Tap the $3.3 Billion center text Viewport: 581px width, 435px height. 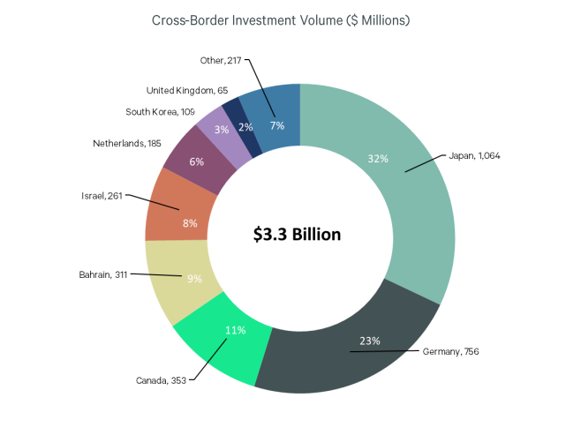(297, 235)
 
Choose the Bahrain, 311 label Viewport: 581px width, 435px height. (103, 274)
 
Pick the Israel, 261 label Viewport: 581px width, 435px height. (101, 196)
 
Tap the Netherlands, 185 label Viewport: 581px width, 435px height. (126, 142)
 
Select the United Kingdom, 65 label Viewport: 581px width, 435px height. (186, 90)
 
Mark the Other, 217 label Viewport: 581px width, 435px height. (222, 60)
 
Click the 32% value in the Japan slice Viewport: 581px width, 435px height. (378, 159)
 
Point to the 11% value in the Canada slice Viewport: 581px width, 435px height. (235, 330)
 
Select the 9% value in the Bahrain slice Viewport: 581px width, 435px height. (192, 279)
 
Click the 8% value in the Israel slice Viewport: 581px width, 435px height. (189, 223)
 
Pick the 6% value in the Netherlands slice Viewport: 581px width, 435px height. (196, 161)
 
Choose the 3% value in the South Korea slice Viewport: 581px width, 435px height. (222, 130)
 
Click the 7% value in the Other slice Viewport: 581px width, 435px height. (276, 125)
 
